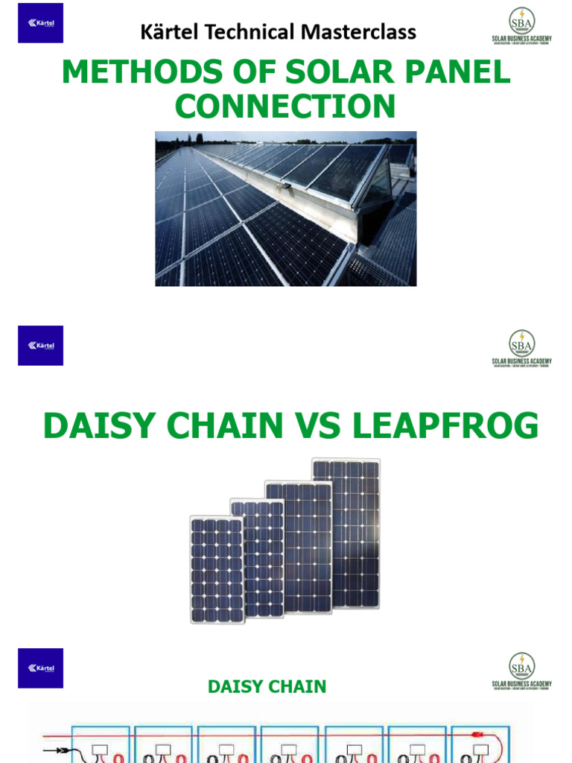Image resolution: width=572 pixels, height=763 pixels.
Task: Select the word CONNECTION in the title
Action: pyautogui.click(x=285, y=107)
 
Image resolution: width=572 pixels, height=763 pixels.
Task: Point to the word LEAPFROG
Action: pyautogui.click(x=447, y=426)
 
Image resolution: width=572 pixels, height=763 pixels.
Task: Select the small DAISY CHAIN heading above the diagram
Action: pyautogui.click(x=267, y=686)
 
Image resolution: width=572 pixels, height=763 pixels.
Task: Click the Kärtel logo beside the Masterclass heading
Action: pyautogui.click(x=41, y=23)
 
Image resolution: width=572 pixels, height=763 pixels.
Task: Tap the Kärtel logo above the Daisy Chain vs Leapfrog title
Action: pyautogui.click(x=41, y=346)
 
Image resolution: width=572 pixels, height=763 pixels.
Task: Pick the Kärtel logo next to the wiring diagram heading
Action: pyautogui.click(x=41, y=668)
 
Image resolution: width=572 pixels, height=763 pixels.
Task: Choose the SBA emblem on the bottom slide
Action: pyautogui.click(x=521, y=665)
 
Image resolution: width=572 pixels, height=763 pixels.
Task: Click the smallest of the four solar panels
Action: pyautogui.click(x=217, y=569)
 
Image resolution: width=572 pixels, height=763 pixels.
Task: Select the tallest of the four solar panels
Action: pyautogui.click(x=346, y=533)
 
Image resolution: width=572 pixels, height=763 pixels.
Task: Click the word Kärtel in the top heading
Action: pyautogui.click(x=166, y=33)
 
